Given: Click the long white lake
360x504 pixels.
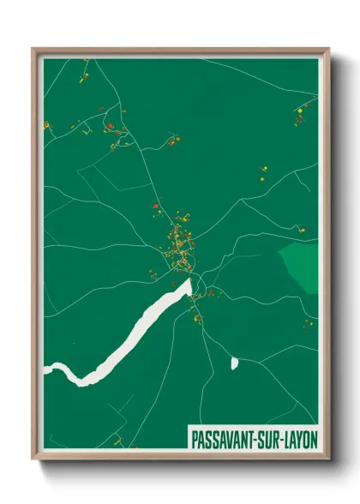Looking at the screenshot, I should point(129,339).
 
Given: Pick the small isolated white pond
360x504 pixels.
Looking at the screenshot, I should point(234,363).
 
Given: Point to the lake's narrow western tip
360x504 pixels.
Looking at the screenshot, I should point(50,369).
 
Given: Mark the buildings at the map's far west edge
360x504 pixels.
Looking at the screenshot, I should point(47,126).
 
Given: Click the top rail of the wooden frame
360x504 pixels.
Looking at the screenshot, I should point(180,51).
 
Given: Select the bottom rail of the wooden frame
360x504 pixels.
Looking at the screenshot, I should point(180,452).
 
